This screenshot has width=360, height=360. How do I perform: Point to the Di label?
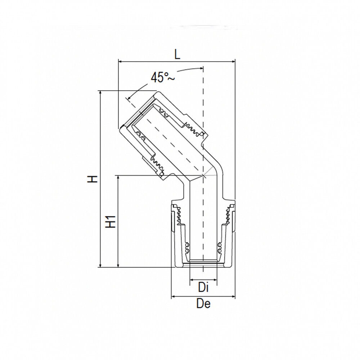click(x=203, y=288)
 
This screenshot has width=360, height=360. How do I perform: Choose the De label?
click(x=203, y=304)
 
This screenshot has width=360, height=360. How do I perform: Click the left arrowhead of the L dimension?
click(x=120, y=62)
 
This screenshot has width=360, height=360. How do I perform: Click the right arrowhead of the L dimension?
click(x=233, y=62)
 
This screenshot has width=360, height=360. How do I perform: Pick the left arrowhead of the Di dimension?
click(x=191, y=280)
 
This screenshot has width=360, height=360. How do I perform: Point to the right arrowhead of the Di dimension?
click(x=216, y=280)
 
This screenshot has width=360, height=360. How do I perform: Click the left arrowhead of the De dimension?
click(x=172, y=297)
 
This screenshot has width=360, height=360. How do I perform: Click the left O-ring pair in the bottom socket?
click(x=187, y=247)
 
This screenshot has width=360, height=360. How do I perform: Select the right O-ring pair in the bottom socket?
click(x=219, y=247)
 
